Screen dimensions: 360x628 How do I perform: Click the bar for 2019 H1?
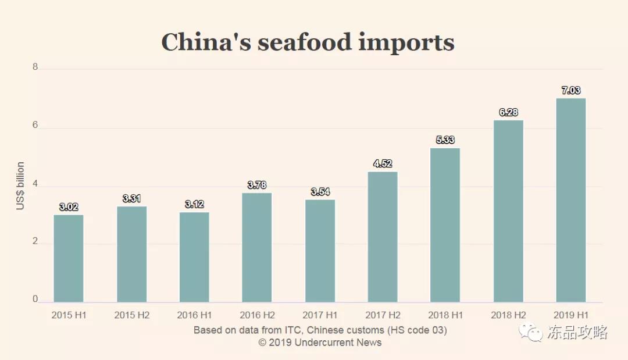coord(571,200)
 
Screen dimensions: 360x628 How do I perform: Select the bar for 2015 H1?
coord(69,258)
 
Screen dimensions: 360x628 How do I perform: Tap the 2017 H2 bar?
coord(383,237)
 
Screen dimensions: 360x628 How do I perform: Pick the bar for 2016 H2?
coord(257,247)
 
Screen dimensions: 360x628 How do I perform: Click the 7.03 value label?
coord(571,91)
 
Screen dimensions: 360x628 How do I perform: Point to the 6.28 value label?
coord(508,112)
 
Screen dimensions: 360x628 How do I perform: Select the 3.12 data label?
coord(194,204)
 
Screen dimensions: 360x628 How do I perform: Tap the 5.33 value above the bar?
coord(445,140)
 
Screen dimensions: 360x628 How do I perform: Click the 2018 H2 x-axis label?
coord(508,315)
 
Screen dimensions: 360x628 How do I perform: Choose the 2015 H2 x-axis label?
coord(131,315)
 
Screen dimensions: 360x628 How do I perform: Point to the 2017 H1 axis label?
coord(320,315)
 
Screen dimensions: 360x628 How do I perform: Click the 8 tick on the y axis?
coord(35,67)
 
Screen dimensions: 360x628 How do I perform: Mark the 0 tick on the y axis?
coord(35,300)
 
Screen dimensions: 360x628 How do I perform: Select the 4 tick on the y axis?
coord(35,184)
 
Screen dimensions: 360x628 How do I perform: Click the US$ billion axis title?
coord(21,186)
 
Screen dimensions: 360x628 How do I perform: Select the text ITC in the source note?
coord(292,330)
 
